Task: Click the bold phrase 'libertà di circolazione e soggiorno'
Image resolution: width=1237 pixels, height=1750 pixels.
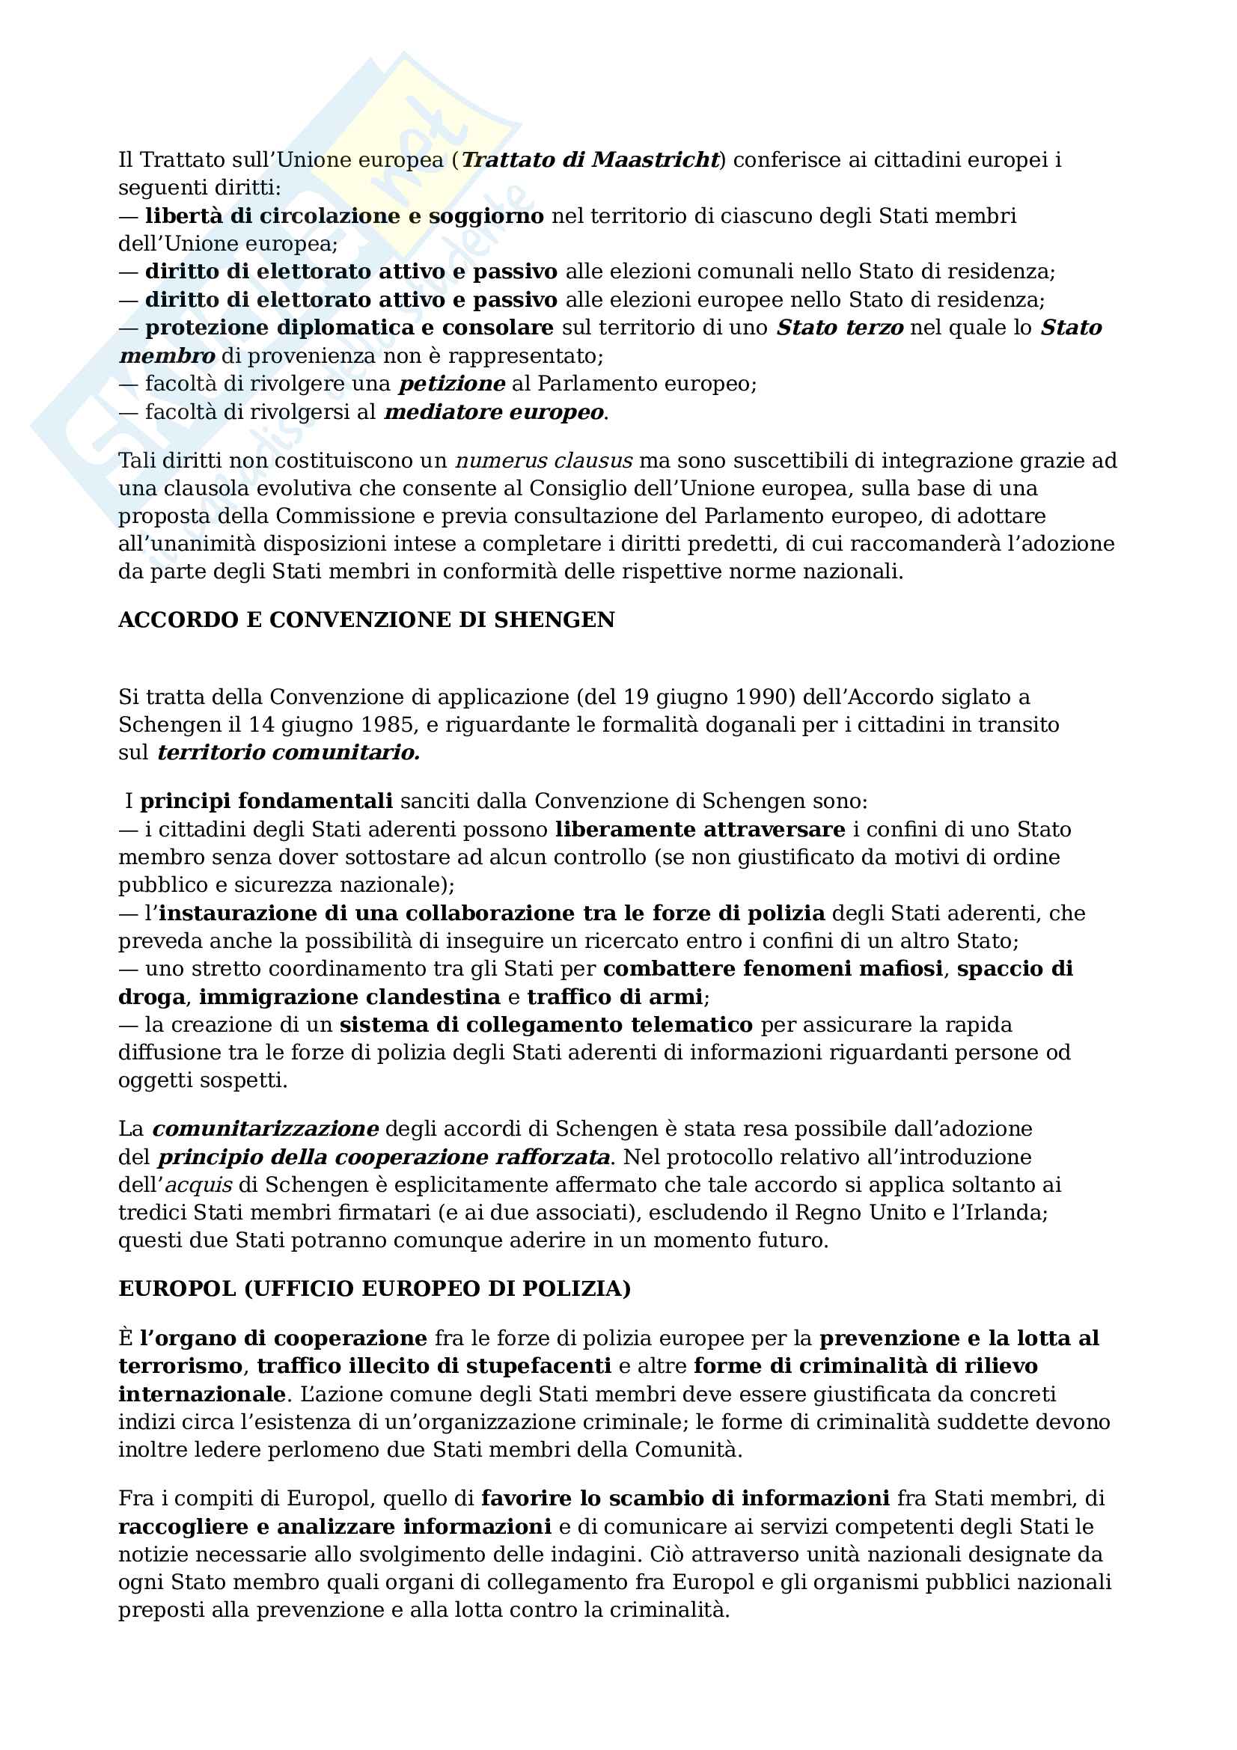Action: coord(344,216)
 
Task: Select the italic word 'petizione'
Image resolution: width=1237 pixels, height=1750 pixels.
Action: coord(452,384)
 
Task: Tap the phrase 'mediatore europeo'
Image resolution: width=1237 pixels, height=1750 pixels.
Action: coord(495,412)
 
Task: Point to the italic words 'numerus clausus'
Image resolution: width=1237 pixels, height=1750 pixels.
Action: coord(543,461)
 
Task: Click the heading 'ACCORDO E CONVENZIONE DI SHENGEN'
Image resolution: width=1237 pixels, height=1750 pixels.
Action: coord(367,620)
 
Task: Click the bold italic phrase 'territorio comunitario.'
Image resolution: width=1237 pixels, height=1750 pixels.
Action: coord(289,753)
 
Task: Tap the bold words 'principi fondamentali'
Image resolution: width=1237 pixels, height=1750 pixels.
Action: coord(266,802)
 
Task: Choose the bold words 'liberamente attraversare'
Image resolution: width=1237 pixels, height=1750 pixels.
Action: coord(700,830)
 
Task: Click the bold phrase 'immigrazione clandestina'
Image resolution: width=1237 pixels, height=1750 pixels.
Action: coord(349,998)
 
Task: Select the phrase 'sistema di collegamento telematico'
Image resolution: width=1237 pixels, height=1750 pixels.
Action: coord(546,1025)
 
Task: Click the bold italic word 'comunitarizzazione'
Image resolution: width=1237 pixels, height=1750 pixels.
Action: coord(265,1129)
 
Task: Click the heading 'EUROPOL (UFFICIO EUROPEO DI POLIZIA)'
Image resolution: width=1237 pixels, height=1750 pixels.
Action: coord(374,1289)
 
